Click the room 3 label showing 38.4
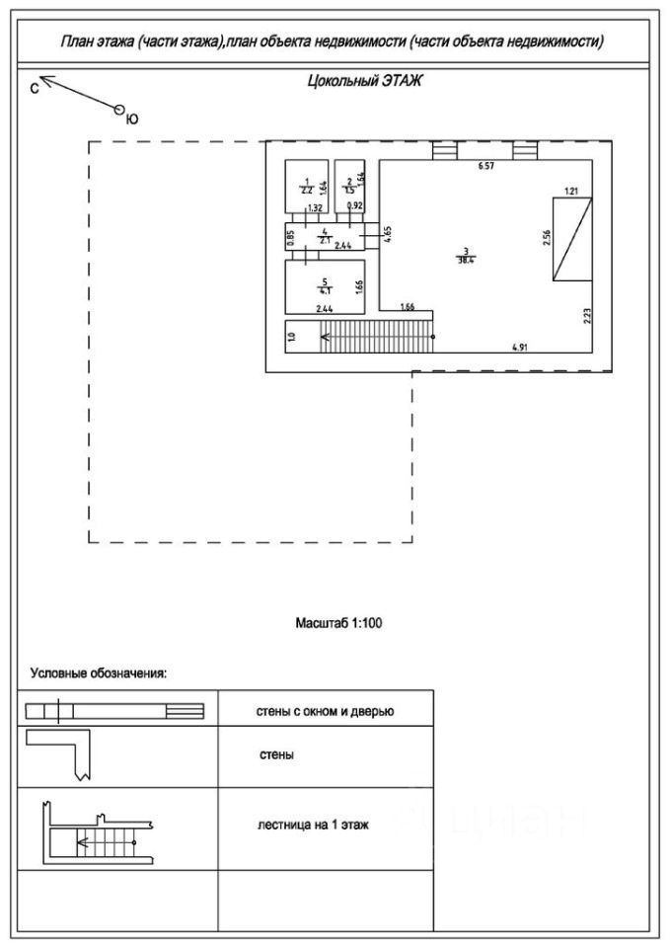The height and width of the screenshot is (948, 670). [x=465, y=256]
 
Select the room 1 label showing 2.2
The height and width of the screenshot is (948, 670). [x=307, y=186]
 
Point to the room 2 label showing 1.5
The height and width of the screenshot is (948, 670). [x=349, y=186]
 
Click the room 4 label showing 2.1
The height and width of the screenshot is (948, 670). [x=324, y=237]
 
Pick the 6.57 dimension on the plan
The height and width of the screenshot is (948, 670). [x=485, y=168]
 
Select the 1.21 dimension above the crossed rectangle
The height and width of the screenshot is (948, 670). [x=571, y=190]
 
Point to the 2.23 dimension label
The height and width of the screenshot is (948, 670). [x=587, y=316]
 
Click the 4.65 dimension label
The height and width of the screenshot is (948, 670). [x=388, y=235]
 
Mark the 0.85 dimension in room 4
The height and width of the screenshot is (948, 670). [x=291, y=237]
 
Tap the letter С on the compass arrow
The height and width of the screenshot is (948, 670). [x=35, y=88]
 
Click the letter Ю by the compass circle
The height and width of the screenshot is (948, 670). [x=132, y=118]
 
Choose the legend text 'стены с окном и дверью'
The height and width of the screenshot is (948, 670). [x=326, y=711]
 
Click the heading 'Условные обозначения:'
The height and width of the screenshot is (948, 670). [x=99, y=673]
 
